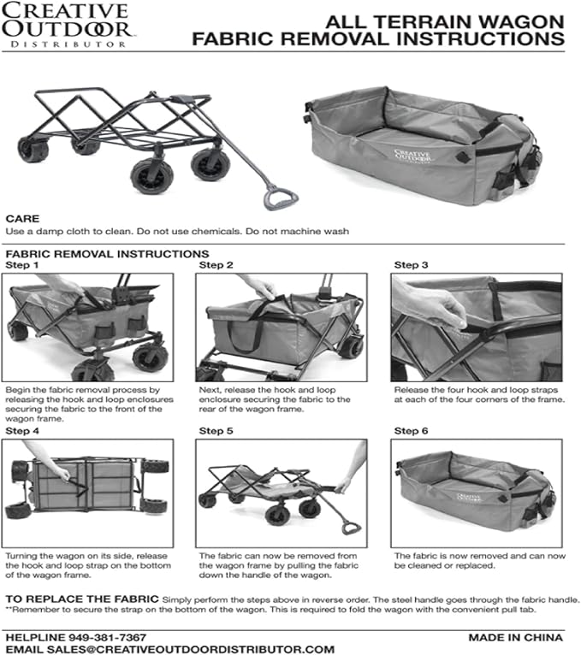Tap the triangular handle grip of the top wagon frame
pyautogui.click(x=280, y=198)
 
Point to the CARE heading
pyautogui.click(x=22, y=218)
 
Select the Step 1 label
pyautogui.click(x=23, y=265)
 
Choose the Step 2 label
pyautogui.click(x=216, y=265)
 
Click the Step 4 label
pyautogui.click(x=23, y=431)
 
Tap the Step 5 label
pyautogui.click(x=216, y=431)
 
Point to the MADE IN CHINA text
pyautogui.click(x=515, y=638)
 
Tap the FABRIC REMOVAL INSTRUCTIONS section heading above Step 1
pyautogui.click(x=107, y=254)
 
